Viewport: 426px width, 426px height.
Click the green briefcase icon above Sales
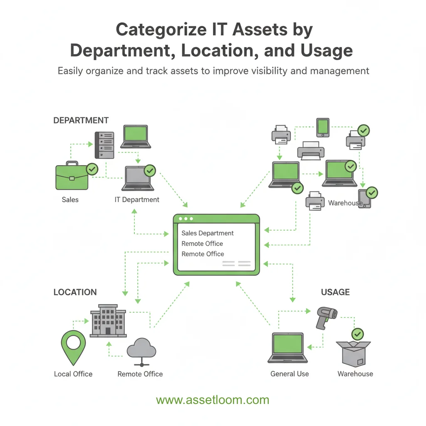[x=72, y=176]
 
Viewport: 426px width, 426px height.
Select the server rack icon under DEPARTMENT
[x=104, y=145]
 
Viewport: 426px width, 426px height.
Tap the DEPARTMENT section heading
[x=81, y=121]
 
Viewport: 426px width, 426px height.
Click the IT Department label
[x=137, y=200]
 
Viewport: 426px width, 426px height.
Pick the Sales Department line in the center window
[x=208, y=233]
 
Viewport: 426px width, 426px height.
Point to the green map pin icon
[x=73, y=346]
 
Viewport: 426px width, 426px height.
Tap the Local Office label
[x=73, y=374]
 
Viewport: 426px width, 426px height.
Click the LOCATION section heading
[x=75, y=292]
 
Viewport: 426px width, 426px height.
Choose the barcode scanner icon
[x=325, y=317]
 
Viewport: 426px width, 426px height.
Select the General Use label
[x=290, y=374]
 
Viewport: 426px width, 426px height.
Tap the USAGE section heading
[x=335, y=292]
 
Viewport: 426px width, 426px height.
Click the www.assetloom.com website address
[x=213, y=400]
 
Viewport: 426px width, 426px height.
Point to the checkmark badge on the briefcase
[x=92, y=169]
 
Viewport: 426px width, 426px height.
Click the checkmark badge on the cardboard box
[x=357, y=334]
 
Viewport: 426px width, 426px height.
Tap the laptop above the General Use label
[x=287, y=347]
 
